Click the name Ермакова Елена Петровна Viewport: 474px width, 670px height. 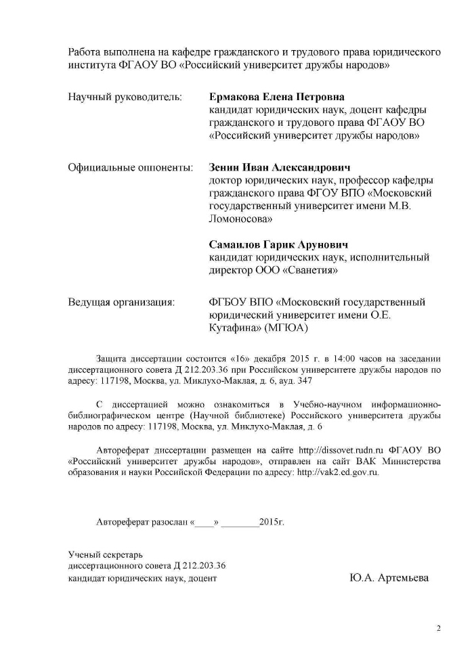277,97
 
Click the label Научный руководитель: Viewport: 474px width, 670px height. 125,97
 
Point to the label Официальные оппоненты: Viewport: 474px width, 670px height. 130,167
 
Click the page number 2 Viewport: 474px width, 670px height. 438,628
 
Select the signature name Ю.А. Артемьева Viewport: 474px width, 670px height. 389,579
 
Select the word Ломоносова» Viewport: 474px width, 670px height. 241,219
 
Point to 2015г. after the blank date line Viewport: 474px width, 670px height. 272,523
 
